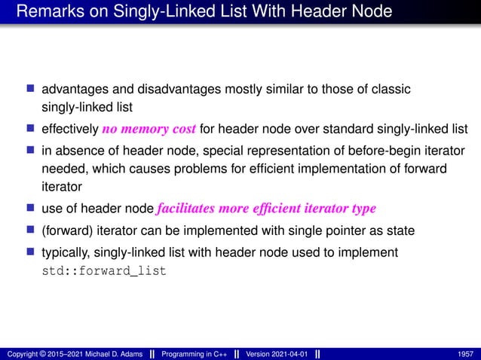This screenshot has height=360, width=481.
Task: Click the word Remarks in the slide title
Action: [x=44, y=12]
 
